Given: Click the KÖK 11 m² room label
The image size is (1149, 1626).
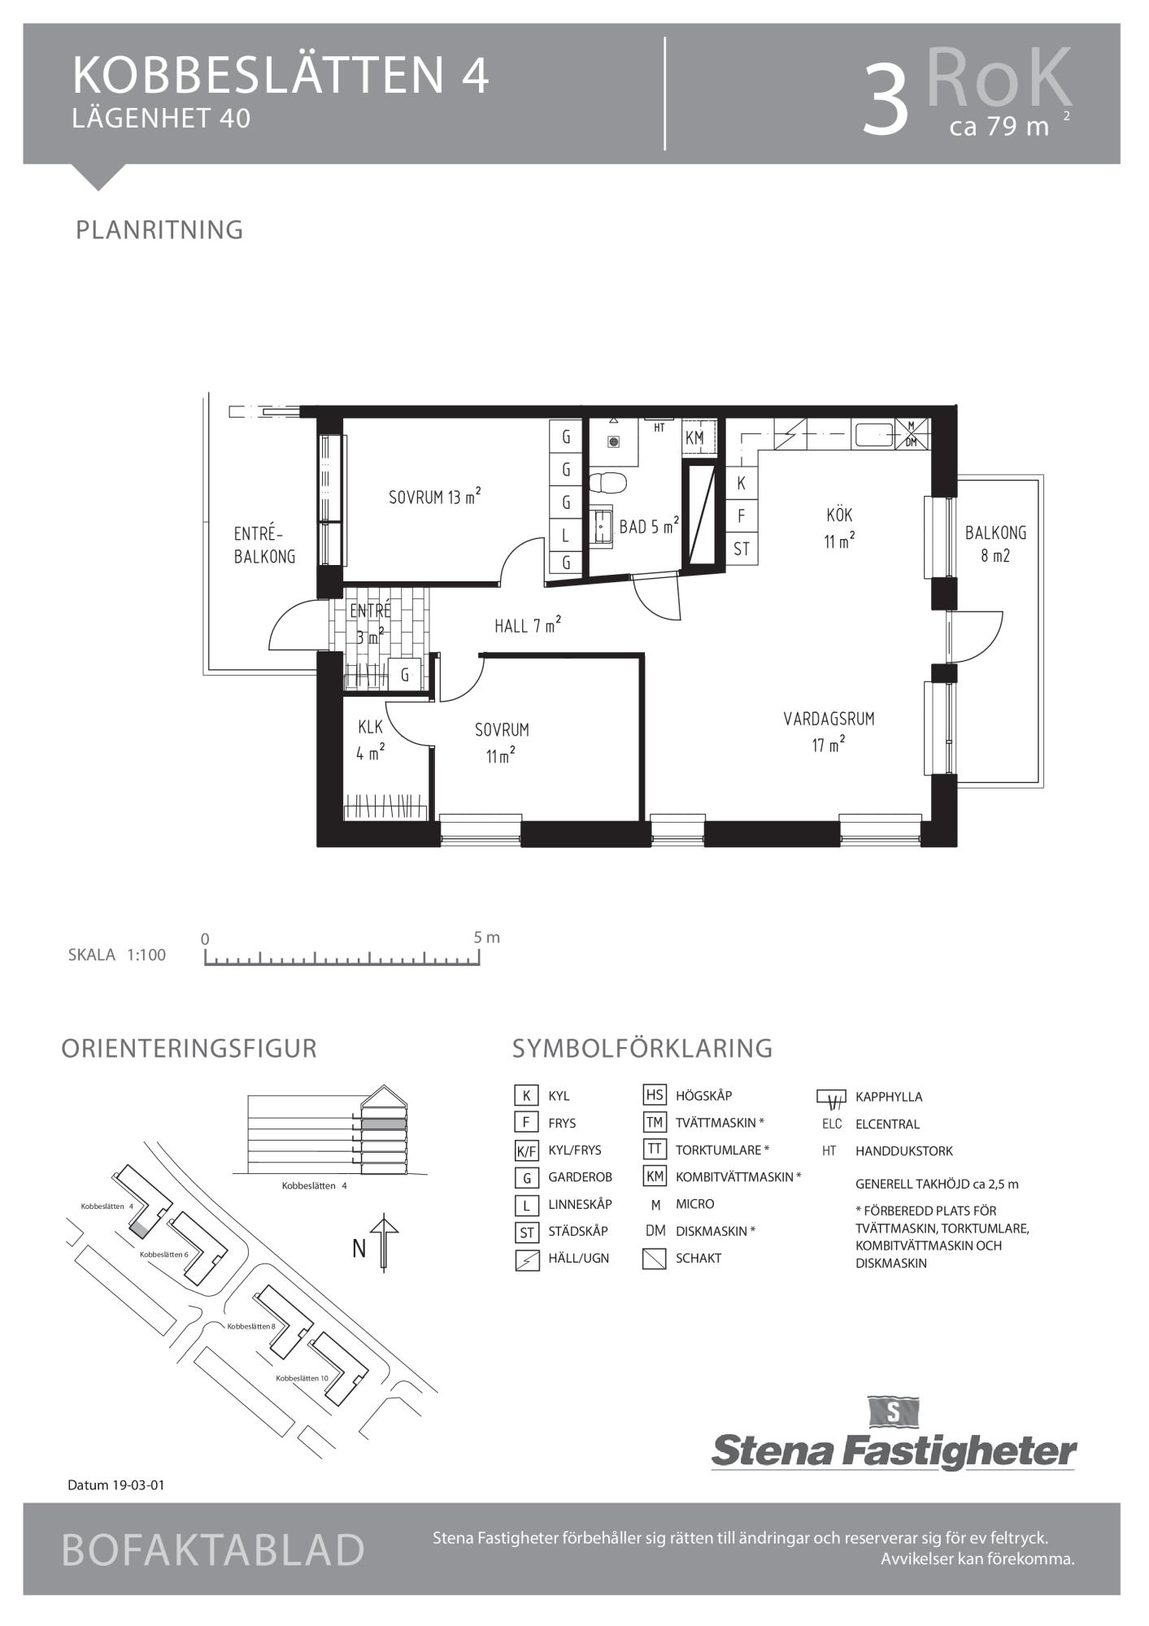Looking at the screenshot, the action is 839,528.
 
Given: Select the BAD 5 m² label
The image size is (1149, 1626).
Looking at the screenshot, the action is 649,526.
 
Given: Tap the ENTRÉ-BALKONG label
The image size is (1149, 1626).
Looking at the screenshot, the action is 264,545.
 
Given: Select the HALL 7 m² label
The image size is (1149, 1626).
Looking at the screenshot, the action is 528,625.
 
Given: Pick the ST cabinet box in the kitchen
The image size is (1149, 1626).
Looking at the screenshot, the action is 742,549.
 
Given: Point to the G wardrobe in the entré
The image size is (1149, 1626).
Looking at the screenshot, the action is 404,674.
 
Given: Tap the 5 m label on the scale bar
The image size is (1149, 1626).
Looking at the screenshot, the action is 487,937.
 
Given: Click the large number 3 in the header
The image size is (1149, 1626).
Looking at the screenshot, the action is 886,100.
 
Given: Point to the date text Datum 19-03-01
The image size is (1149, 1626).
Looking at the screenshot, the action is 116,1485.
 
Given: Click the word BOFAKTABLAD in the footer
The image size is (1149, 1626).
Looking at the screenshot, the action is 213,1550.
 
